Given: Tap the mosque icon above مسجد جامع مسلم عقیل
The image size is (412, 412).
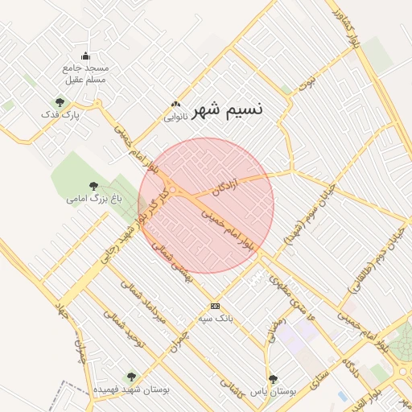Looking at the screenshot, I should [x=86, y=56].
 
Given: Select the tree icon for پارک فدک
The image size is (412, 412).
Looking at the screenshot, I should [x=60, y=102].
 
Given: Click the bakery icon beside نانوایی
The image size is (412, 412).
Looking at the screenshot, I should [x=175, y=105].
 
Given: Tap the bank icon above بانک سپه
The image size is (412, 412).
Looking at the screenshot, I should [x=215, y=306].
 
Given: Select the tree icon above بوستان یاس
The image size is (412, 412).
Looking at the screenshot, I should [x=273, y=377].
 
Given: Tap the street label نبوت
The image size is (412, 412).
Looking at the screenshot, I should [x=307, y=80].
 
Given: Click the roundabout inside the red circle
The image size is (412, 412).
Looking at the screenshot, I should [x=174, y=190].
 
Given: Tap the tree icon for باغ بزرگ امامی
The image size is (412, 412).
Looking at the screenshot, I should [x=93, y=186].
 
